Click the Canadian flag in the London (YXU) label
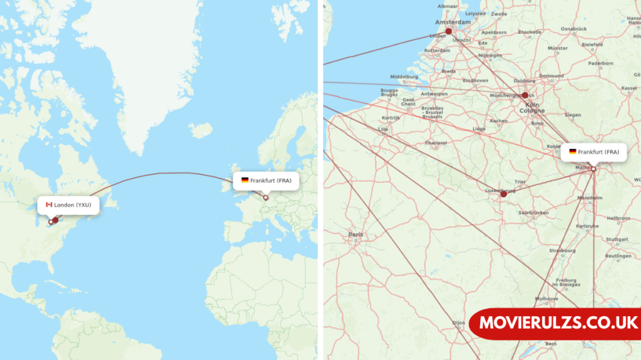49,205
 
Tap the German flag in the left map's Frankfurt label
245,180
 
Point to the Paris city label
356,235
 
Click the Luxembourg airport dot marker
503,194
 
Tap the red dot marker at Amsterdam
448,31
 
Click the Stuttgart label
617,239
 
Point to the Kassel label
629,88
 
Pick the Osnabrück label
573,29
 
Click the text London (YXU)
73,205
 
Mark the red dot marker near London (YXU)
55,220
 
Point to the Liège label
479,128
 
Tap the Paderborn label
601,63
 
